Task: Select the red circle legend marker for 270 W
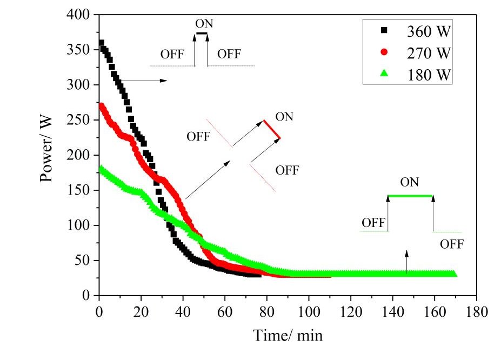click(384, 52)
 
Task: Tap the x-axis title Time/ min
click(288, 336)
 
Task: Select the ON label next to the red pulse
click(284, 117)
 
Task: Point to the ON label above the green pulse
click(409, 182)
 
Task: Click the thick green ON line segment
click(410, 196)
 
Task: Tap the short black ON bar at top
click(201, 33)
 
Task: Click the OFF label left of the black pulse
click(172, 55)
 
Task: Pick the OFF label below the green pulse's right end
click(451, 244)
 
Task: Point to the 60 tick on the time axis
click(224, 312)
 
